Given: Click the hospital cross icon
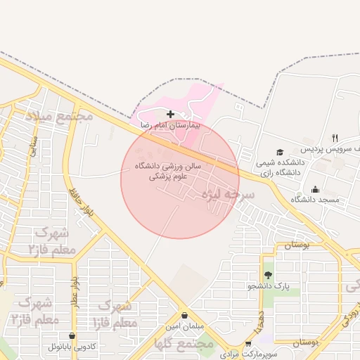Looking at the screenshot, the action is pos(170,114).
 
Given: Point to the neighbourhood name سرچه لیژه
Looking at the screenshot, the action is pos(228,194).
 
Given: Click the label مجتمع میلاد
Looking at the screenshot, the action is pos(60,115).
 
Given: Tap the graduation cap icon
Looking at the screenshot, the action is pos(280,152).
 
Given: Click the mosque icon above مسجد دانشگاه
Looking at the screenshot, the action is pos(314,189).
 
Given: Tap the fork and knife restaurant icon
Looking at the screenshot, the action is pos(335,138).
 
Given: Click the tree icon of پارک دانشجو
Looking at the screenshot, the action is pos(267,275).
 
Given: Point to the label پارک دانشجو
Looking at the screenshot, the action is pos(269,286).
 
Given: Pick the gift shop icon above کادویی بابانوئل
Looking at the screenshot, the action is pos(73,336).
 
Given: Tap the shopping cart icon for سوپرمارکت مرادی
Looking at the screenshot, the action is pos(247,344).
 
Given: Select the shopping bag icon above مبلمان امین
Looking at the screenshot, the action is pos(184,316).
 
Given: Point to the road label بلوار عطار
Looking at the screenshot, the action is pos(74,292).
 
